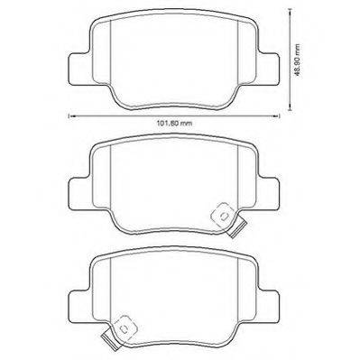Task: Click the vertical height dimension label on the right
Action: [x=297, y=60]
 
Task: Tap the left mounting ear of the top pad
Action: [x=79, y=69]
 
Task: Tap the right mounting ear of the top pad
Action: [x=269, y=69]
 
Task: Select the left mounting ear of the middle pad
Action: [x=79, y=193]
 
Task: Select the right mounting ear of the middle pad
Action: [x=269, y=193]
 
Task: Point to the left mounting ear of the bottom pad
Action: [x=79, y=306]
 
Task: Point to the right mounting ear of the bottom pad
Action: [x=269, y=306]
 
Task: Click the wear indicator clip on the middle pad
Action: [x=228, y=220]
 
